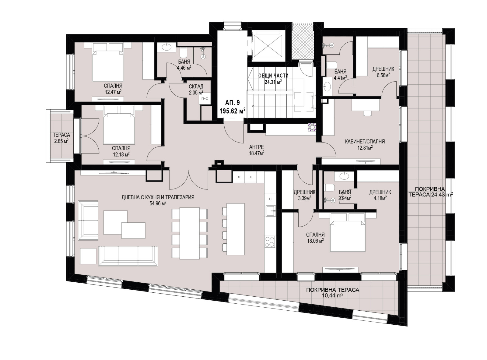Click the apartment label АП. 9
pyautogui.click(x=233, y=103)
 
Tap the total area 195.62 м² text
pyautogui.click(x=233, y=111)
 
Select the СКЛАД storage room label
pyautogui.click(x=196, y=86)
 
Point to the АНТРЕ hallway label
pyautogui.click(x=257, y=147)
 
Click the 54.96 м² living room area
pyautogui.click(x=158, y=203)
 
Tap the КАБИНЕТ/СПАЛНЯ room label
pyautogui.click(x=365, y=142)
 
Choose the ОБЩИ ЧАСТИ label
pyautogui.click(x=273, y=76)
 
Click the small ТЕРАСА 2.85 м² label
pyautogui.click(x=61, y=138)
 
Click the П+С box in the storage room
pyautogui.click(x=205, y=99)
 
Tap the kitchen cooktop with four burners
pyautogui.click(x=270, y=242)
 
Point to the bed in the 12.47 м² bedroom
pyautogui.click(x=107, y=62)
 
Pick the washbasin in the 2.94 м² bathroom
pyautogui.click(x=344, y=176)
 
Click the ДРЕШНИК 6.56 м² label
pyautogui.click(x=383, y=72)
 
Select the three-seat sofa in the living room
pyautogui.click(x=128, y=256)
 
